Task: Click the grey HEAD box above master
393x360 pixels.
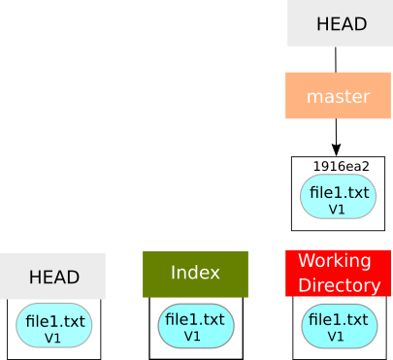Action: (x=341, y=23)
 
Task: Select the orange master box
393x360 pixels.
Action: (x=338, y=96)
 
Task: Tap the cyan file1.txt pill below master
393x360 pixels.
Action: (x=338, y=197)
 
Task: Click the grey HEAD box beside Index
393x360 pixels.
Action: (x=52, y=277)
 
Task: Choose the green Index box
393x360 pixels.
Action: (x=195, y=274)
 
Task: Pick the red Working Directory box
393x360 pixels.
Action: (x=338, y=274)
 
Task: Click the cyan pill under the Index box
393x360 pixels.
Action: (x=195, y=326)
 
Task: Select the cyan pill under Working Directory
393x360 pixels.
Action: (x=338, y=326)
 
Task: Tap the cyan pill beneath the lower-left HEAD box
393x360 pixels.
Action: (x=54, y=326)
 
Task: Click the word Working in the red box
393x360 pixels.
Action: (x=334, y=261)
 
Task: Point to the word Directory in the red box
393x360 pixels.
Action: (x=339, y=285)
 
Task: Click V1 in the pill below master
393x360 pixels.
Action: (x=338, y=209)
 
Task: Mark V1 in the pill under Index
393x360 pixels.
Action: (x=192, y=336)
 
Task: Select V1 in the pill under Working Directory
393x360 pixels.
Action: (x=336, y=336)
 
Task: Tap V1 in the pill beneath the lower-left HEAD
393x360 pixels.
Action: (x=52, y=338)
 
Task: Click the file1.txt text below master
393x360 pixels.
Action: (x=339, y=192)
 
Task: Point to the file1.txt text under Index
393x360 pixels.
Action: (x=195, y=319)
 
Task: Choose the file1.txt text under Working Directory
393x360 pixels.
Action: (x=338, y=319)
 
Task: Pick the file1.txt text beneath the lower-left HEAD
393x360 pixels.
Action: (x=55, y=321)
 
